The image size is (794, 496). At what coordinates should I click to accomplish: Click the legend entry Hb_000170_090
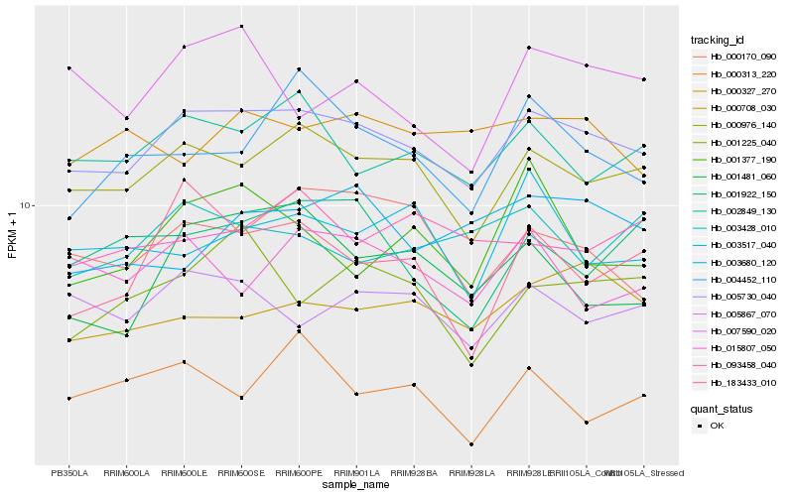click(742, 57)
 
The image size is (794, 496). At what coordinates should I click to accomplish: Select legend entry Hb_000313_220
click(742, 73)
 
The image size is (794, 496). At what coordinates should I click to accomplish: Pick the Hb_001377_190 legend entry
click(742, 159)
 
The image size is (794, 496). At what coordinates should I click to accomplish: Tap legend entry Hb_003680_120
click(742, 262)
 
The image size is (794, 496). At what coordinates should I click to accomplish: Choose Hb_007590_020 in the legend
click(742, 331)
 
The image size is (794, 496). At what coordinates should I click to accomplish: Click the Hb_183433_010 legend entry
click(742, 382)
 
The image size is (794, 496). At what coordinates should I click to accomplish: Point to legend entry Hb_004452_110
click(742, 280)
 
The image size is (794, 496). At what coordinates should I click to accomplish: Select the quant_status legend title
click(722, 408)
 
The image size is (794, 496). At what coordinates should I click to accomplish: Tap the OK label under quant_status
click(717, 426)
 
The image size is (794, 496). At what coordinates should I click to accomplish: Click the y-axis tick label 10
click(28, 205)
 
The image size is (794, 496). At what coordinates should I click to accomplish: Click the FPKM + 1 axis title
click(12, 235)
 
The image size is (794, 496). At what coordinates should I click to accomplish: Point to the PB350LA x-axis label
click(68, 473)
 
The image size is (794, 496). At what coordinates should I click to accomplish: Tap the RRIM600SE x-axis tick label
click(241, 473)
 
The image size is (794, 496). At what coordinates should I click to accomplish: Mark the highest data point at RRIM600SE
click(241, 26)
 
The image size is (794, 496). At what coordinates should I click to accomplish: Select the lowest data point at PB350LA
click(68, 398)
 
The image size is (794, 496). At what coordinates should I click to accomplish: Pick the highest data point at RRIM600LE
click(184, 47)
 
